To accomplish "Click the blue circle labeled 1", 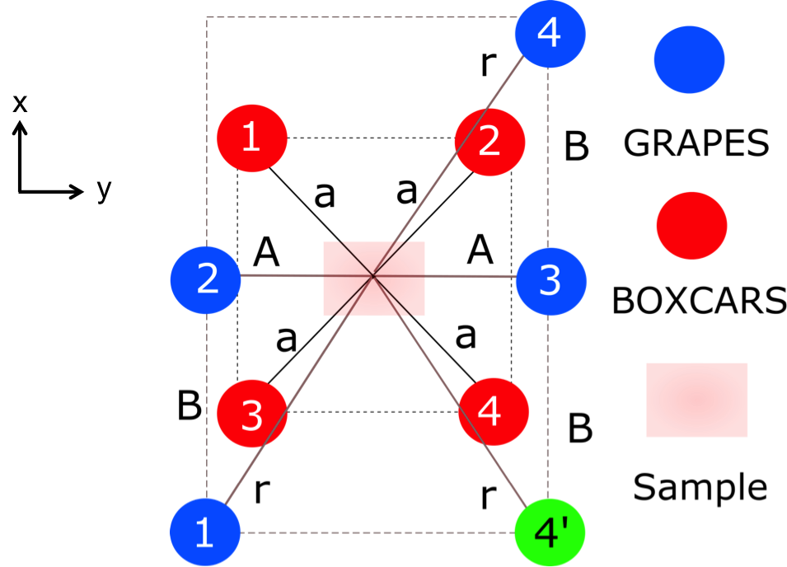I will (205, 532).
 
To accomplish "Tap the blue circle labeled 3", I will (550, 280).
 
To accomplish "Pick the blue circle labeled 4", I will (550, 34).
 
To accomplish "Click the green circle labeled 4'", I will (549, 532).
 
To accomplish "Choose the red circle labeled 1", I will (251, 138).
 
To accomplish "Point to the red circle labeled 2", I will (490, 141).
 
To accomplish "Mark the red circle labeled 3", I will (251, 414).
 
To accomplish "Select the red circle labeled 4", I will (492, 410).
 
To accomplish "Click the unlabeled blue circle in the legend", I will (689, 59).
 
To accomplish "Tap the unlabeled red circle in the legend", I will (691, 225).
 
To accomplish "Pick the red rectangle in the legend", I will (696, 400).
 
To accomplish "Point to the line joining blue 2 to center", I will (280, 276).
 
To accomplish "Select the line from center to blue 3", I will (470, 276).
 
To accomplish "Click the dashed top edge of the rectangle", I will (363, 16).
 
